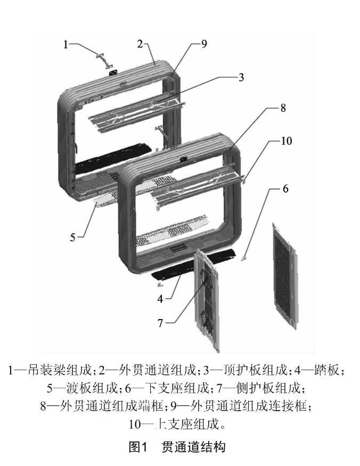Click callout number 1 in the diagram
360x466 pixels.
(66, 44)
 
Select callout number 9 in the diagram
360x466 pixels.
(204, 44)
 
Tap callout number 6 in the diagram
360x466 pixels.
(285, 189)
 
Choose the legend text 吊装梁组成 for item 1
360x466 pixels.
(59, 370)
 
